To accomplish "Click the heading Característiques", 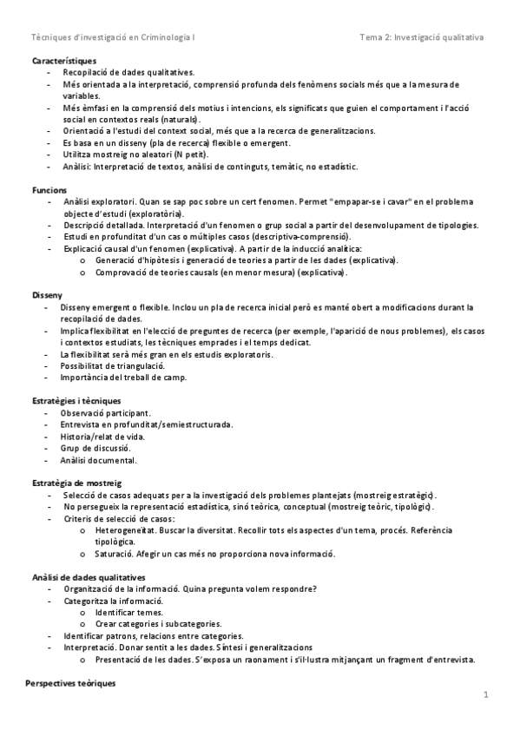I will point(64,62).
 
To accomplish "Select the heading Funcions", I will point(49,188).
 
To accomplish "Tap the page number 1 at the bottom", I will point(486,694).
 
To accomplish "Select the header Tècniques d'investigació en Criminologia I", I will point(113,38).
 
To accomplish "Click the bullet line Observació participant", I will point(106,413).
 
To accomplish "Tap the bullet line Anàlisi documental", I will point(99,460).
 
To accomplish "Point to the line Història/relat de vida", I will point(102,437).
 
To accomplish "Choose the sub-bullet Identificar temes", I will point(128,612).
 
